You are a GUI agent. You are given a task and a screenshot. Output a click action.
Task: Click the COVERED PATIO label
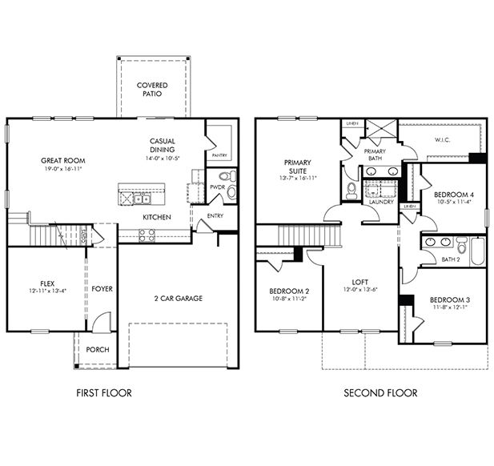pos(152,89)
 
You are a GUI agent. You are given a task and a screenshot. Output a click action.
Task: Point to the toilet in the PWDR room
pos(224,176)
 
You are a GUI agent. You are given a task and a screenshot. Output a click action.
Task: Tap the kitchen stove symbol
pos(147,235)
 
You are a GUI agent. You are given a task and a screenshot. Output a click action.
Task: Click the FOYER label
pos(102,288)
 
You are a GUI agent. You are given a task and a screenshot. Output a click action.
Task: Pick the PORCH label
pos(98,349)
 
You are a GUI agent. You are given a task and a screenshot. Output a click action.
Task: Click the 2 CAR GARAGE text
pos(178,299)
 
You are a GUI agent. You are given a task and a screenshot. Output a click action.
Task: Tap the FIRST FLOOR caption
pos(103,393)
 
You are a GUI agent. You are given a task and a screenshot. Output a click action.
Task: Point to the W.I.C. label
pos(444,141)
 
